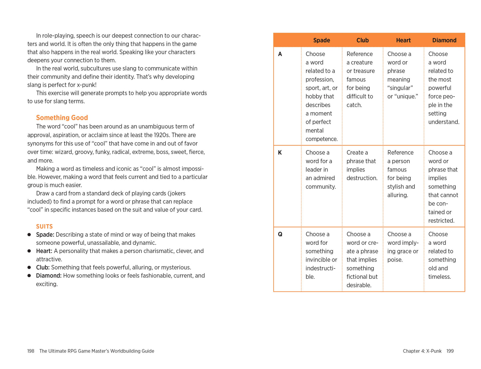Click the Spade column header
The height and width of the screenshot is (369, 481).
pyautogui.click(x=321, y=40)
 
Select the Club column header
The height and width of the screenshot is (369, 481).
pyautogui.click(x=362, y=40)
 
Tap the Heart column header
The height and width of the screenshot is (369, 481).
pyautogui.click(x=403, y=40)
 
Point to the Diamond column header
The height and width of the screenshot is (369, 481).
pyautogui.click(x=444, y=40)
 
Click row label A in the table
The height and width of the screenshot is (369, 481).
pyautogui.click(x=280, y=54)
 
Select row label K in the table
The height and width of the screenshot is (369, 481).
pyautogui.click(x=280, y=153)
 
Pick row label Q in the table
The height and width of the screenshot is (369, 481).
pyautogui.click(x=280, y=234)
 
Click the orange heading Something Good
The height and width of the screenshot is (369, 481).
pyautogui.click(x=62, y=118)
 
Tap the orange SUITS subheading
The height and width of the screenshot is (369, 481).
pyautogui.click(x=44, y=226)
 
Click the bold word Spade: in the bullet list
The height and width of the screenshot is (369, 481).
pyautogui.click(x=45, y=235)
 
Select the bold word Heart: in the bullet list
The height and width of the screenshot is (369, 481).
pyautogui.click(x=44, y=251)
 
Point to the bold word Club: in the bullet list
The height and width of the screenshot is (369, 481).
pyautogui.click(x=43, y=267)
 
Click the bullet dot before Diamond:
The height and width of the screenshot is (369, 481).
pyautogui.click(x=29, y=276)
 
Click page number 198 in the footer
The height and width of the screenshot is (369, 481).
pyautogui.click(x=31, y=351)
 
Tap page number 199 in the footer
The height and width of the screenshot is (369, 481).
pyautogui.click(x=450, y=351)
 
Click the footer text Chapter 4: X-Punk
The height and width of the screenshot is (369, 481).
pyautogui.click(x=422, y=351)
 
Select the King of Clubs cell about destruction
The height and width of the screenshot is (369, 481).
pyautogui.click(x=362, y=165)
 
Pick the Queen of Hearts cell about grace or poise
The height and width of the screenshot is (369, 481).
pyautogui.click(x=403, y=247)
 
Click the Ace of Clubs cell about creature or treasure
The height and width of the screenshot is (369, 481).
pyautogui.click(x=360, y=79)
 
